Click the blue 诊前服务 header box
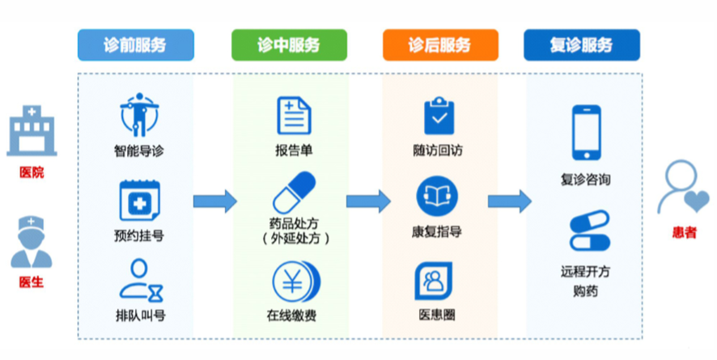136,44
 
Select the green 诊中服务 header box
289,44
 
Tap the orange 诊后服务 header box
440,44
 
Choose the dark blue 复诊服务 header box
582,44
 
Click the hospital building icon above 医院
32,131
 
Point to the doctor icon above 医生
31,242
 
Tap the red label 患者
684,232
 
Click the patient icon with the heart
683,187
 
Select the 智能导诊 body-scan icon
139,115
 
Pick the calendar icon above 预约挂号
139,201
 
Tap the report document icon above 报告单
294,116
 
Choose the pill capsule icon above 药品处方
294,193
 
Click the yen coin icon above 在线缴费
296,282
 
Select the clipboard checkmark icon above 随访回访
439,116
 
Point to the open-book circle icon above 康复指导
437,196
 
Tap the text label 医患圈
437,315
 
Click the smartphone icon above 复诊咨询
587,133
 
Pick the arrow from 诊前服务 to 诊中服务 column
215,201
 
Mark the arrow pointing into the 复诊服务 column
509,201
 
